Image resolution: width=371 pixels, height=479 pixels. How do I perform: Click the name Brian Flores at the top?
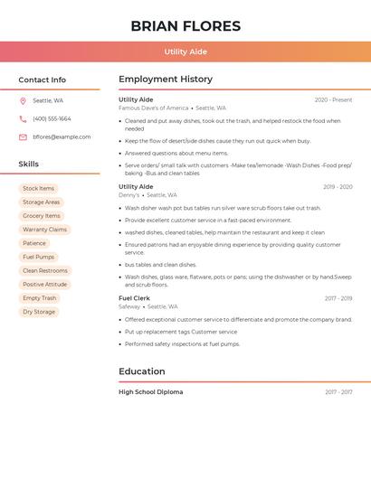coord(185,26)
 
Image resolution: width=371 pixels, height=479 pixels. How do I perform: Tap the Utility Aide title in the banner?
coord(185,52)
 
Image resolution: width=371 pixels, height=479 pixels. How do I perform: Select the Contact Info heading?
coord(42,80)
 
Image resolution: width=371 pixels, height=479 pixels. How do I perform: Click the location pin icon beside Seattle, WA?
coord(23,101)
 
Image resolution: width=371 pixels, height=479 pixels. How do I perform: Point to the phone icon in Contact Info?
coord(23,119)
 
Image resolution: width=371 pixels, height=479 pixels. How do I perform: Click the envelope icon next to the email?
coord(23,137)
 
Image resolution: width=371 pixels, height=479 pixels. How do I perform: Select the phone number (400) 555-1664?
coord(52,119)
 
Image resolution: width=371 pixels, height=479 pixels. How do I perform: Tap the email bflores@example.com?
coord(62,137)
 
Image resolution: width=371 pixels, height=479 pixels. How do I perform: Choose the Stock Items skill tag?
coord(38,189)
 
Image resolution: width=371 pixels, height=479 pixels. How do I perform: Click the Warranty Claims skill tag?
coord(44,230)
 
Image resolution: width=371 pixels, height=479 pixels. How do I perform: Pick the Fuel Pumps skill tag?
coord(38,257)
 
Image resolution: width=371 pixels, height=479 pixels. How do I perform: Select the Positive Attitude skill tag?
coord(44,284)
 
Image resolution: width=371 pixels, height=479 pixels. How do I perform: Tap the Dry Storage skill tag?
coord(39,312)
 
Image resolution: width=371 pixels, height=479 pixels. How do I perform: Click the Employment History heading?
coord(166,80)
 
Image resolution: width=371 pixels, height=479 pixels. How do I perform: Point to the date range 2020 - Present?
coord(333,100)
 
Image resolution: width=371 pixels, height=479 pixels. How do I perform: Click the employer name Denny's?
coord(129,195)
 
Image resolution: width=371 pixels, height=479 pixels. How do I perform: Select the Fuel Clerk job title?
coord(134,298)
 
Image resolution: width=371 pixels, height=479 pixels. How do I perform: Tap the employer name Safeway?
coord(129,306)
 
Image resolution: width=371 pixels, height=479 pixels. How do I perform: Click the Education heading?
coord(142,371)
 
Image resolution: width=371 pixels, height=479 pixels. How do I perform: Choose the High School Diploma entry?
coord(151,392)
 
